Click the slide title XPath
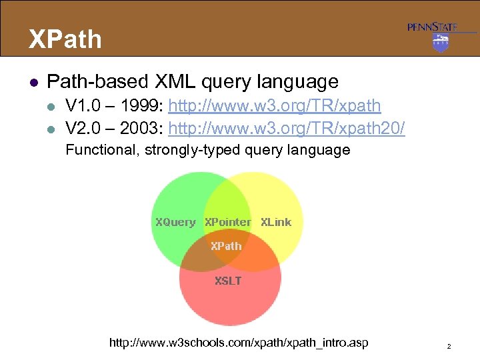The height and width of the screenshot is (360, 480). [65, 39]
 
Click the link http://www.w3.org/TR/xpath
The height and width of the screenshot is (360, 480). [275, 106]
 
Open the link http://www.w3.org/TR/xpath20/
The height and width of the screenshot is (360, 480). [287, 128]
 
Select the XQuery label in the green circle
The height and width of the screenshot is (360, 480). [175, 222]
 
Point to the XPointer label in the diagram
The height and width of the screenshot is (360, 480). [227, 222]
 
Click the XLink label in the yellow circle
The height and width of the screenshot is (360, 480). [276, 222]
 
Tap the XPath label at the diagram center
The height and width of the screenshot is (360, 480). [226, 245]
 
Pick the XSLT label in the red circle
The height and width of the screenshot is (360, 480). [228, 281]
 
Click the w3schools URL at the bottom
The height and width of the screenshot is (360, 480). [238, 343]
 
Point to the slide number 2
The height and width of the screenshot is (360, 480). [449, 347]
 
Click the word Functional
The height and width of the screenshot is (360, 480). [99, 150]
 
